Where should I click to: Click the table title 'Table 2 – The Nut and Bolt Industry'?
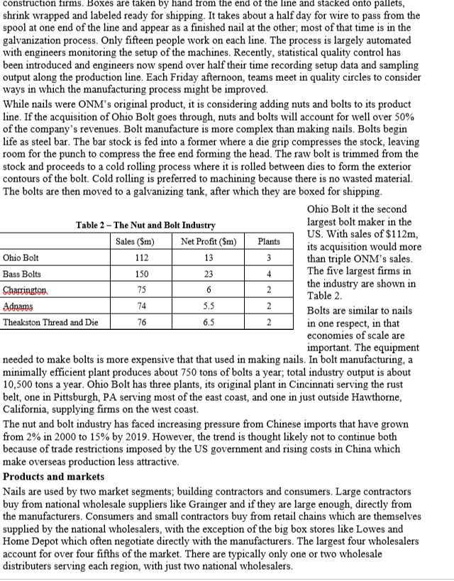pyautogui.click(x=145, y=225)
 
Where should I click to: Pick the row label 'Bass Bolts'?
pyautogui.click(x=21, y=274)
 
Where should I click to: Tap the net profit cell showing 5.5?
pyautogui.click(x=207, y=305)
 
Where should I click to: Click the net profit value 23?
pyautogui.click(x=207, y=274)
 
